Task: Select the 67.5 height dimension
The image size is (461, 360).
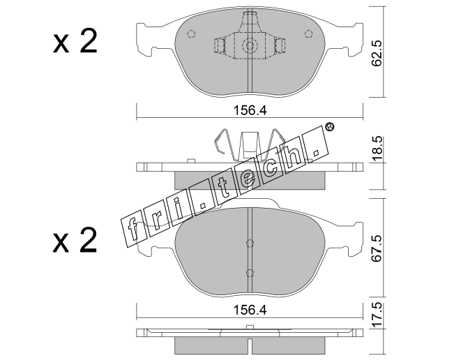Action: pyautogui.click(x=377, y=248)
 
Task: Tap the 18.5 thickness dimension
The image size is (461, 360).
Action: pyautogui.click(x=377, y=148)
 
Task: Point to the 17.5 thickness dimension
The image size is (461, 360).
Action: pyautogui.click(x=377, y=315)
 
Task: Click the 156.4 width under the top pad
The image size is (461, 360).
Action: pyautogui.click(x=250, y=111)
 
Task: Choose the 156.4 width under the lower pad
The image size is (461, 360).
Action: pyautogui.click(x=250, y=310)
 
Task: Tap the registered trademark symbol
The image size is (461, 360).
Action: pyautogui.click(x=330, y=127)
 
